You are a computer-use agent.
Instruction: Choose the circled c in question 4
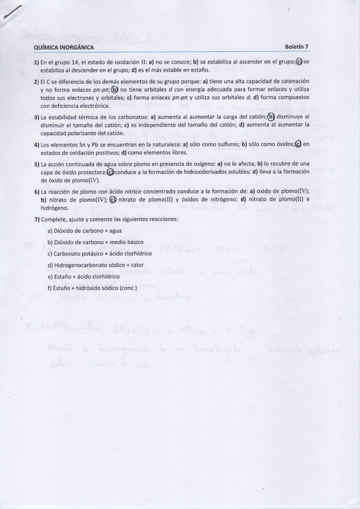(298, 144)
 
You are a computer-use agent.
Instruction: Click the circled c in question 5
(110, 172)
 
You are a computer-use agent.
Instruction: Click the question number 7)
(37, 219)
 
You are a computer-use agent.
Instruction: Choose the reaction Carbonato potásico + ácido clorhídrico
(99, 253)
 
